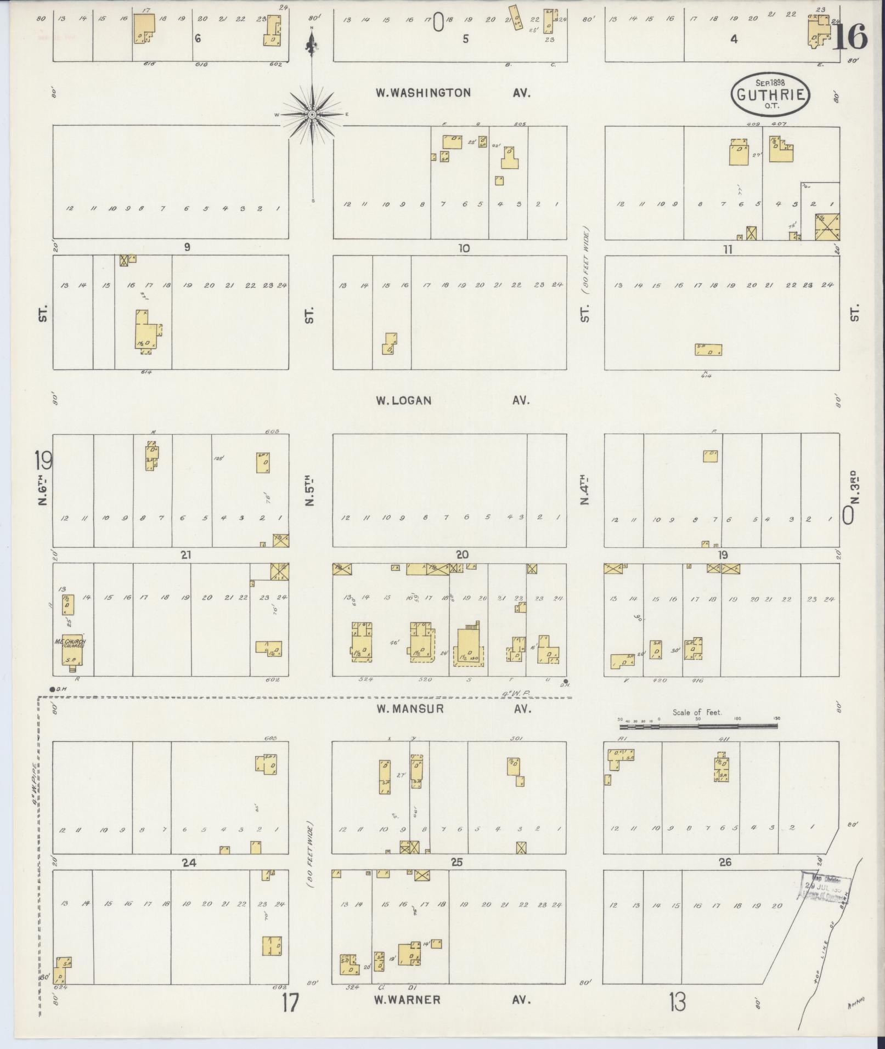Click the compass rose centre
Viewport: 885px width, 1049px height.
(x=312, y=114)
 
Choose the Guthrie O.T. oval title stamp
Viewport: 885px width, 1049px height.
(x=771, y=94)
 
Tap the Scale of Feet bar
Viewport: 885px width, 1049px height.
(x=698, y=726)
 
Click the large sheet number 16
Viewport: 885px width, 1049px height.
(x=850, y=37)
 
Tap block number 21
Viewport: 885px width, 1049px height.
(x=186, y=555)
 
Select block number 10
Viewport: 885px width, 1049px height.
(x=464, y=248)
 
